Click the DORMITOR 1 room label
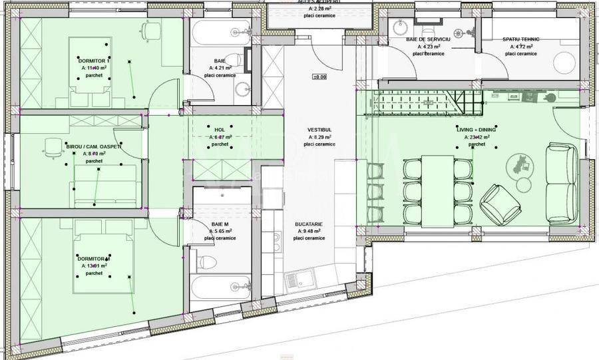point(94,61)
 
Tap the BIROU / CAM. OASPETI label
point(94,146)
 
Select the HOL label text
point(220,130)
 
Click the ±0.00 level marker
point(319,77)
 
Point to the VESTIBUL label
point(319,130)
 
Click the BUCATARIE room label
point(309,225)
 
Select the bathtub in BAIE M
point(220,287)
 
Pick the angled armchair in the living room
point(500,203)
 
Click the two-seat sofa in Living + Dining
point(562,184)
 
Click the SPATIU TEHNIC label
point(520,40)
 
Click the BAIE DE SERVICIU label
point(429,40)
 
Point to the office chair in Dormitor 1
point(152,30)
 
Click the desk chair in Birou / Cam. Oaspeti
point(50,148)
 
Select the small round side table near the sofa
point(524,184)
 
